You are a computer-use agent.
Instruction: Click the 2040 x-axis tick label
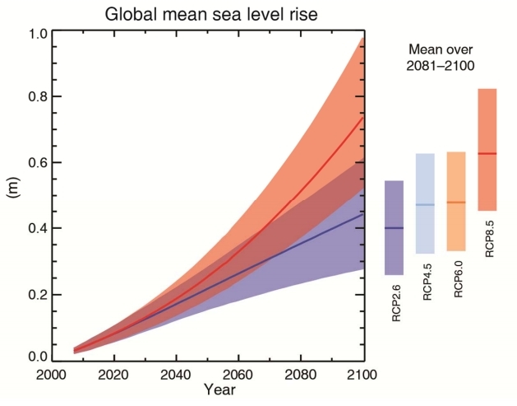178,375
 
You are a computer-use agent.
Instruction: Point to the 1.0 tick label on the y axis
38,34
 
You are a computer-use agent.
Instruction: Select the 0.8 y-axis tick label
38,98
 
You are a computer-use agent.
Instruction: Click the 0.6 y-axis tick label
38,163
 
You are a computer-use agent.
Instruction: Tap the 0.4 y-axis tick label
38,228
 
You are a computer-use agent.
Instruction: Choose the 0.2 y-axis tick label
38,294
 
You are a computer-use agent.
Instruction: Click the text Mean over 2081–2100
441,56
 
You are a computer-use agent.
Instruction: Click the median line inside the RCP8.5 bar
487,154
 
